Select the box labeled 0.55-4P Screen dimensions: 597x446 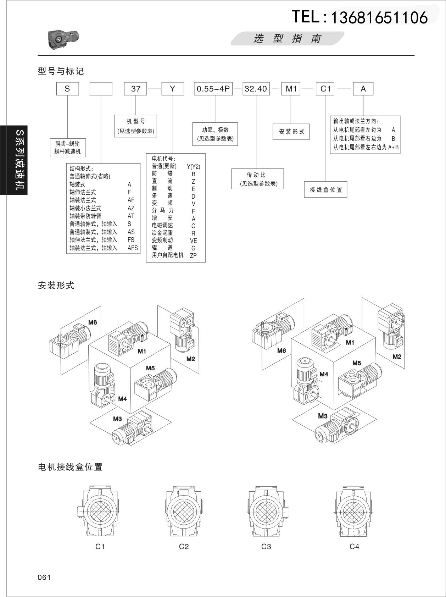tap(213, 89)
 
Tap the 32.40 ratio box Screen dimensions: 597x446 tap(256, 89)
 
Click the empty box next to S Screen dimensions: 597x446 tap(101, 89)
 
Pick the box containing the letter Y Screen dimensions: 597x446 tap(173, 89)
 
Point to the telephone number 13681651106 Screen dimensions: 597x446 tap(379, 17)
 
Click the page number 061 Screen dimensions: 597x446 tap(44, 577)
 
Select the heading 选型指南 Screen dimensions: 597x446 tap(287, 38)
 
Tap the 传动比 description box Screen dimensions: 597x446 tap(257, 179)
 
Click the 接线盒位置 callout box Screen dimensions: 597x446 tap(326, 189)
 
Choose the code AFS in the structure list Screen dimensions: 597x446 tap(133, 248)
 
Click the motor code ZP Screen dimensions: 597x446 tap(193, 255)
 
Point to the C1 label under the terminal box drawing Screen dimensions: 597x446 tap(100, 547)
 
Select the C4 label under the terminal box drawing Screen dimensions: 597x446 tap(354, 547)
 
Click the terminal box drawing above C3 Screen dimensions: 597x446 tap(266, 512)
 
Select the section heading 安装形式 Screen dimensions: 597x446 tap(56, 285)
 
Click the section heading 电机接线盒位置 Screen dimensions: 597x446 tap(70, 467)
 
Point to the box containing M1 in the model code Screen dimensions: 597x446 tap(291, 89)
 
